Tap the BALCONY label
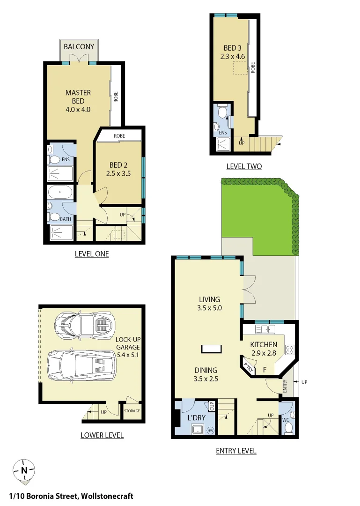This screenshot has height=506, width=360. (x=79, y=47)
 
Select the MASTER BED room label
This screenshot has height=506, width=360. (x=78, y=92)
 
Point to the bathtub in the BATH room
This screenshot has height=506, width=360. (x=60, y=193)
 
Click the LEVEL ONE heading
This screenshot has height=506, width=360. (x=92, y=254)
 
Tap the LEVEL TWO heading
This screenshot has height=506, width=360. (x=244, y=166)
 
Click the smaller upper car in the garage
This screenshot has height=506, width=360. (x=85, y=324)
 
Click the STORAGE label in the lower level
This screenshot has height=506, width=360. (x=132, y=411)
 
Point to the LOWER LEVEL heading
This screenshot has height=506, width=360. (x=102, y=435)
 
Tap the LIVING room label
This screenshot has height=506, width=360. (x=209, y=299)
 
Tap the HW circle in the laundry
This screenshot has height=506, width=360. (x=210, y=430)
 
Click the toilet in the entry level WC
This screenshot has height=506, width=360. (x=289, y=427)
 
